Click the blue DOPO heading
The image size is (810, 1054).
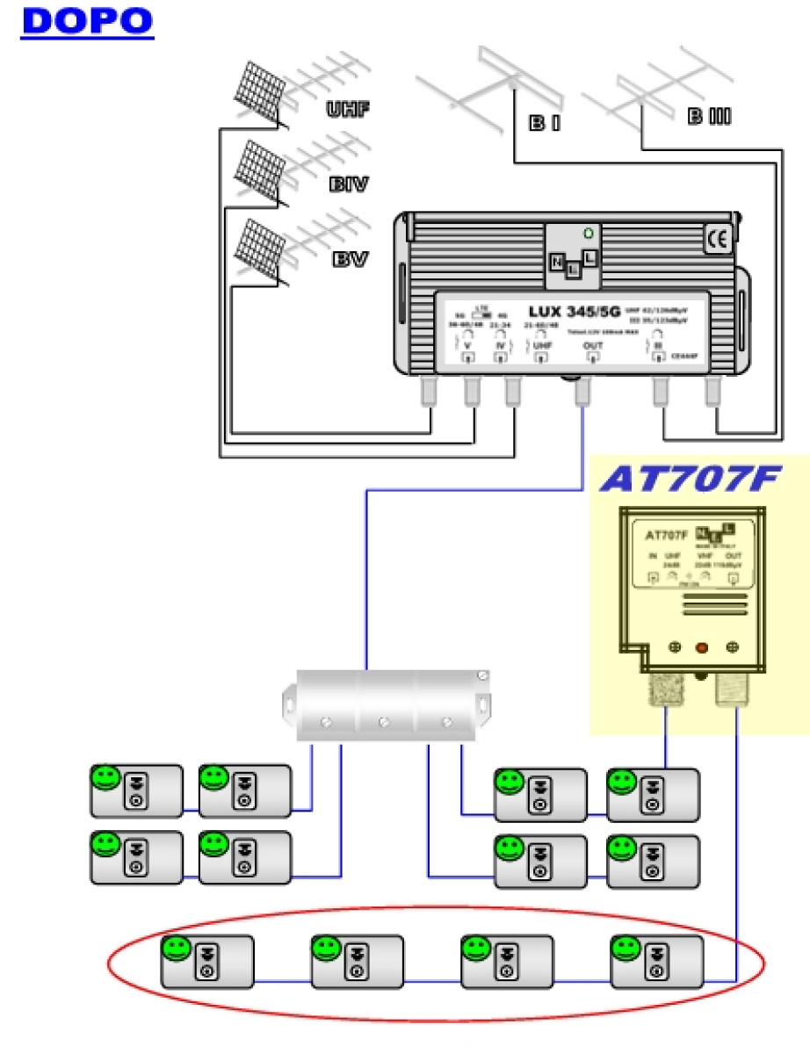click(87, 21)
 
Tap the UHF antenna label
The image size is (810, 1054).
click(348, 110)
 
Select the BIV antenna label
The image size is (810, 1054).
click(348, 185)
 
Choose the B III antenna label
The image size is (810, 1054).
click(709, 116)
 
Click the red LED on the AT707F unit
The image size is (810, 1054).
click(701, 648)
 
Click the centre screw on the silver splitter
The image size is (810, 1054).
click(383, 723)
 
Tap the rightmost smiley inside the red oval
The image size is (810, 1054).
click(625, 949)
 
